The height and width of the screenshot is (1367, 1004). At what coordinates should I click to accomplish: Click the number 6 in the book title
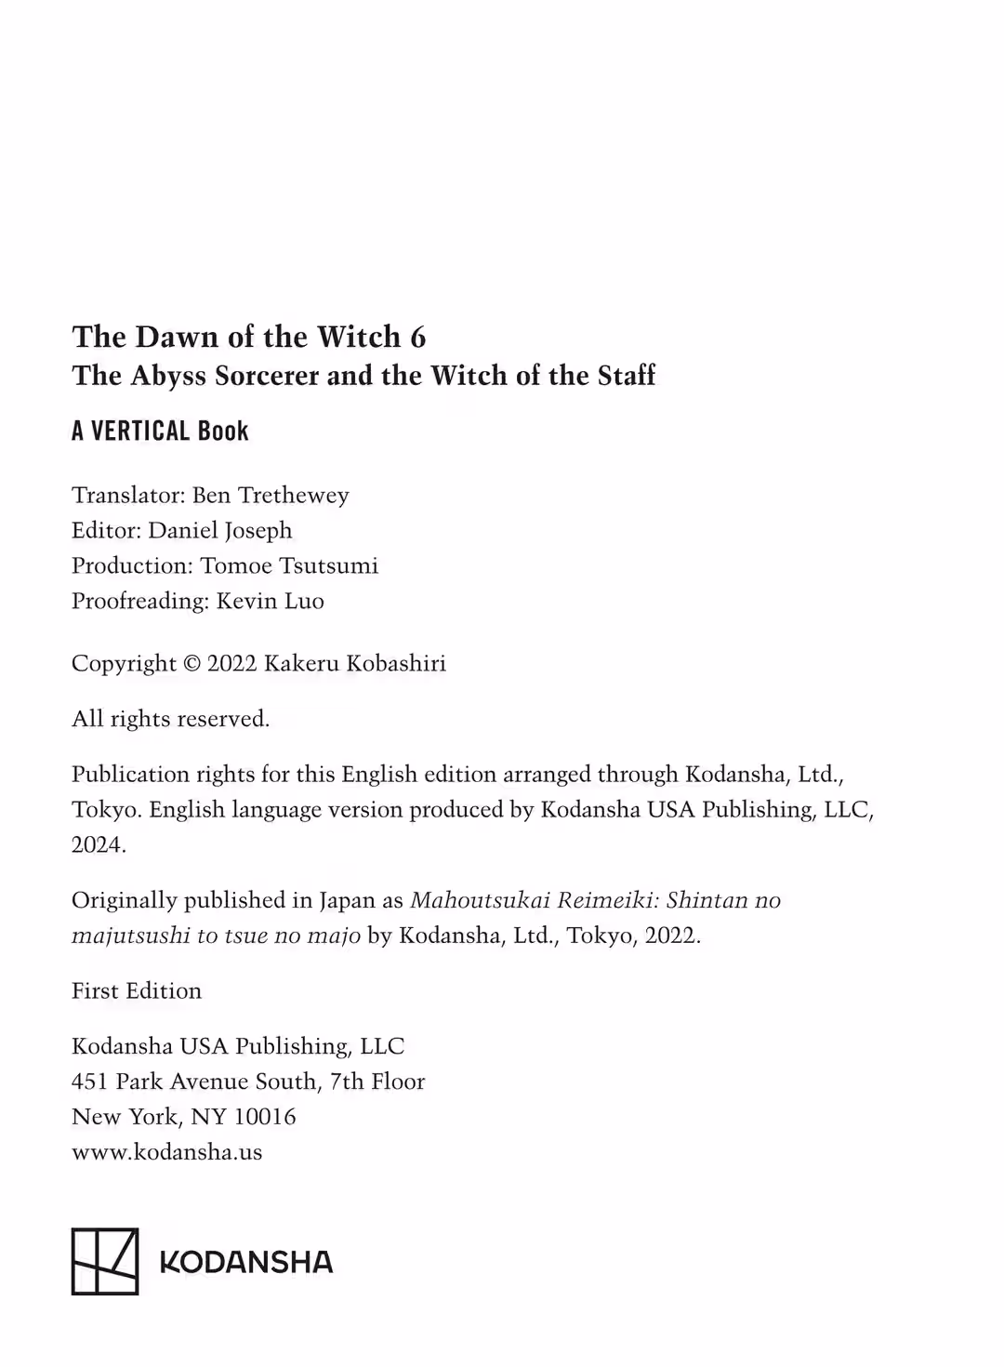pos(417,337)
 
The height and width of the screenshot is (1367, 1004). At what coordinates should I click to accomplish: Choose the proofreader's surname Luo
pos(304,601)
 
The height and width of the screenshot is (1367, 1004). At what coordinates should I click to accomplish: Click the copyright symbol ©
pos(192,664)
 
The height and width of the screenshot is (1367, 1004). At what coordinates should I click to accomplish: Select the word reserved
pos(223,719)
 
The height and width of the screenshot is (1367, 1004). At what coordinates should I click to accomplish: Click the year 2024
pos(97,844)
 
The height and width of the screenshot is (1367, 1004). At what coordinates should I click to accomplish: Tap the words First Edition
pos(137,990)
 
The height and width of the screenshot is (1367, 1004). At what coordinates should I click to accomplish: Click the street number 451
pos(89,1082)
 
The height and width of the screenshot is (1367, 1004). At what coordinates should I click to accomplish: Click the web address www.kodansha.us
pos(167,1152)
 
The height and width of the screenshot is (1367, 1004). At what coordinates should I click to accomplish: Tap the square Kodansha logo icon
pos(105,1261)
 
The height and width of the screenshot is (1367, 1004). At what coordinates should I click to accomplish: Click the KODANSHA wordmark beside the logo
pos(246,1262)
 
